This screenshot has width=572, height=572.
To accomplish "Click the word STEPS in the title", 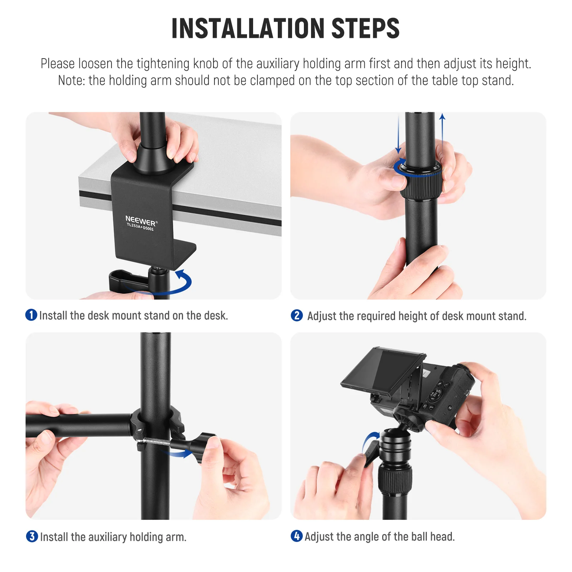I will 365,29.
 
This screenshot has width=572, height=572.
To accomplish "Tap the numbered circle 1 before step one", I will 31,315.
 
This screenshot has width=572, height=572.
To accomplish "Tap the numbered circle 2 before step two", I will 297,315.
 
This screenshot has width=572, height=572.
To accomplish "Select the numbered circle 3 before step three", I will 32,536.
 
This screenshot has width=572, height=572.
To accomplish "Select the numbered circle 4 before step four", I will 296,536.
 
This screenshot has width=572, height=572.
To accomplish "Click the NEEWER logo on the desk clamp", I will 140,221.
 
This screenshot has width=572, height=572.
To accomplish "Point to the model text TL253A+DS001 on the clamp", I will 140,227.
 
